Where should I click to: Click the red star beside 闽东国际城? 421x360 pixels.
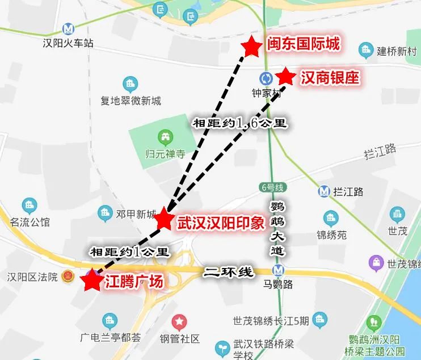point(251,47)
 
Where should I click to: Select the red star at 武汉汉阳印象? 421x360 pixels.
point(164,219)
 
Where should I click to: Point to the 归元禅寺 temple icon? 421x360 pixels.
point(166,136)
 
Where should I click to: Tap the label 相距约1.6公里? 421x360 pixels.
point(239,122)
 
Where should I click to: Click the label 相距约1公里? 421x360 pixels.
point(130,251)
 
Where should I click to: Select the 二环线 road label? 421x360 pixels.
point(229,272)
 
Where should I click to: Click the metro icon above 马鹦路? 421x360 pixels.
point(278,270)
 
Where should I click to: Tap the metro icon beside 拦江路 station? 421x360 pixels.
point(324,192)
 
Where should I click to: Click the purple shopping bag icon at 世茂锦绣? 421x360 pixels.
point(376,263)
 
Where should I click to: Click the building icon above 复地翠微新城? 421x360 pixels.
point(131,86)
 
